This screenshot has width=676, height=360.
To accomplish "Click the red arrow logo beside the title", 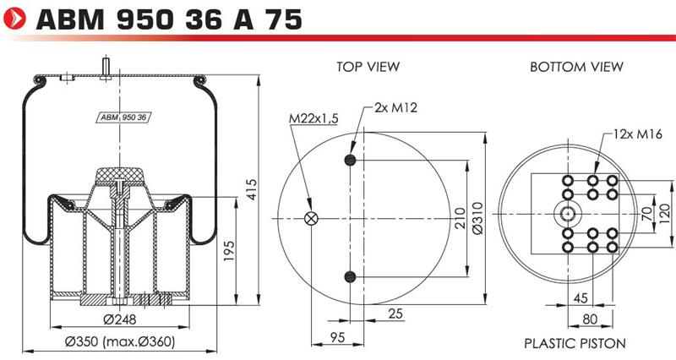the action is pos(14,19).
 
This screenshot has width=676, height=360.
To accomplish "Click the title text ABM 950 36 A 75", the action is pos(170,19).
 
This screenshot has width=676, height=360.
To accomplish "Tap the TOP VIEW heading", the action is pos(368,67).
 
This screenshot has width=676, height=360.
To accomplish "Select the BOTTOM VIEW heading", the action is pos(576,67).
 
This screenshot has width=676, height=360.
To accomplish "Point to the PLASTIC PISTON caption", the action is pos(575,344).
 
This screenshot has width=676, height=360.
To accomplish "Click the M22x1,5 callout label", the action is pos(313,118).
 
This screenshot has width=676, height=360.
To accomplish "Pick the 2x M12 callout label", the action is pos(395,107).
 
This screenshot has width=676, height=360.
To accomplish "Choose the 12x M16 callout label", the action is pos(638,134).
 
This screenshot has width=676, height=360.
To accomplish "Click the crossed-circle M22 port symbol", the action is pos(311,219).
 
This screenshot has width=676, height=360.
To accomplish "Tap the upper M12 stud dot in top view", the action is pos(350,161).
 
